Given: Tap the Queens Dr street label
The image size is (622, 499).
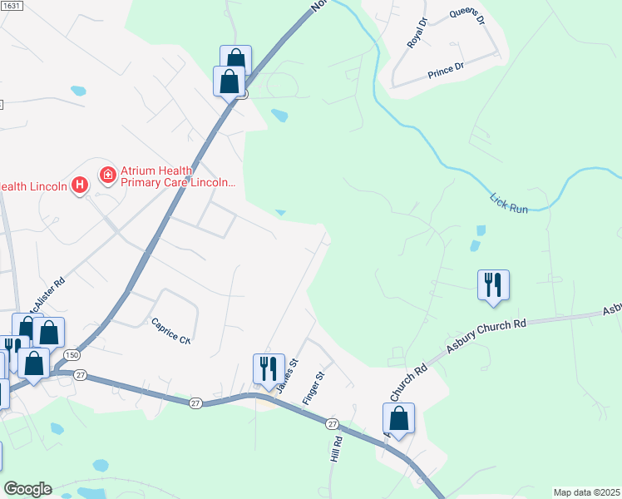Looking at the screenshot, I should (466, 17).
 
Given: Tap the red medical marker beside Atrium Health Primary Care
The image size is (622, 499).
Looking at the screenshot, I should (107, 175).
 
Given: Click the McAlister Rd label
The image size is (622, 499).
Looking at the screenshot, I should (45, 294).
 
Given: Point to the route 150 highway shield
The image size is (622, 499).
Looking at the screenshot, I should (66, 355).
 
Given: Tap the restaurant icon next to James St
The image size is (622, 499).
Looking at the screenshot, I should (269, 368).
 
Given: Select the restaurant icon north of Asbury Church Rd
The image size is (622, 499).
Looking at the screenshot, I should (493, 285).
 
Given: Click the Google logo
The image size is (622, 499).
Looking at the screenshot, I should (27, 489).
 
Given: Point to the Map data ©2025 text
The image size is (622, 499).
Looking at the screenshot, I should (586, 492).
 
